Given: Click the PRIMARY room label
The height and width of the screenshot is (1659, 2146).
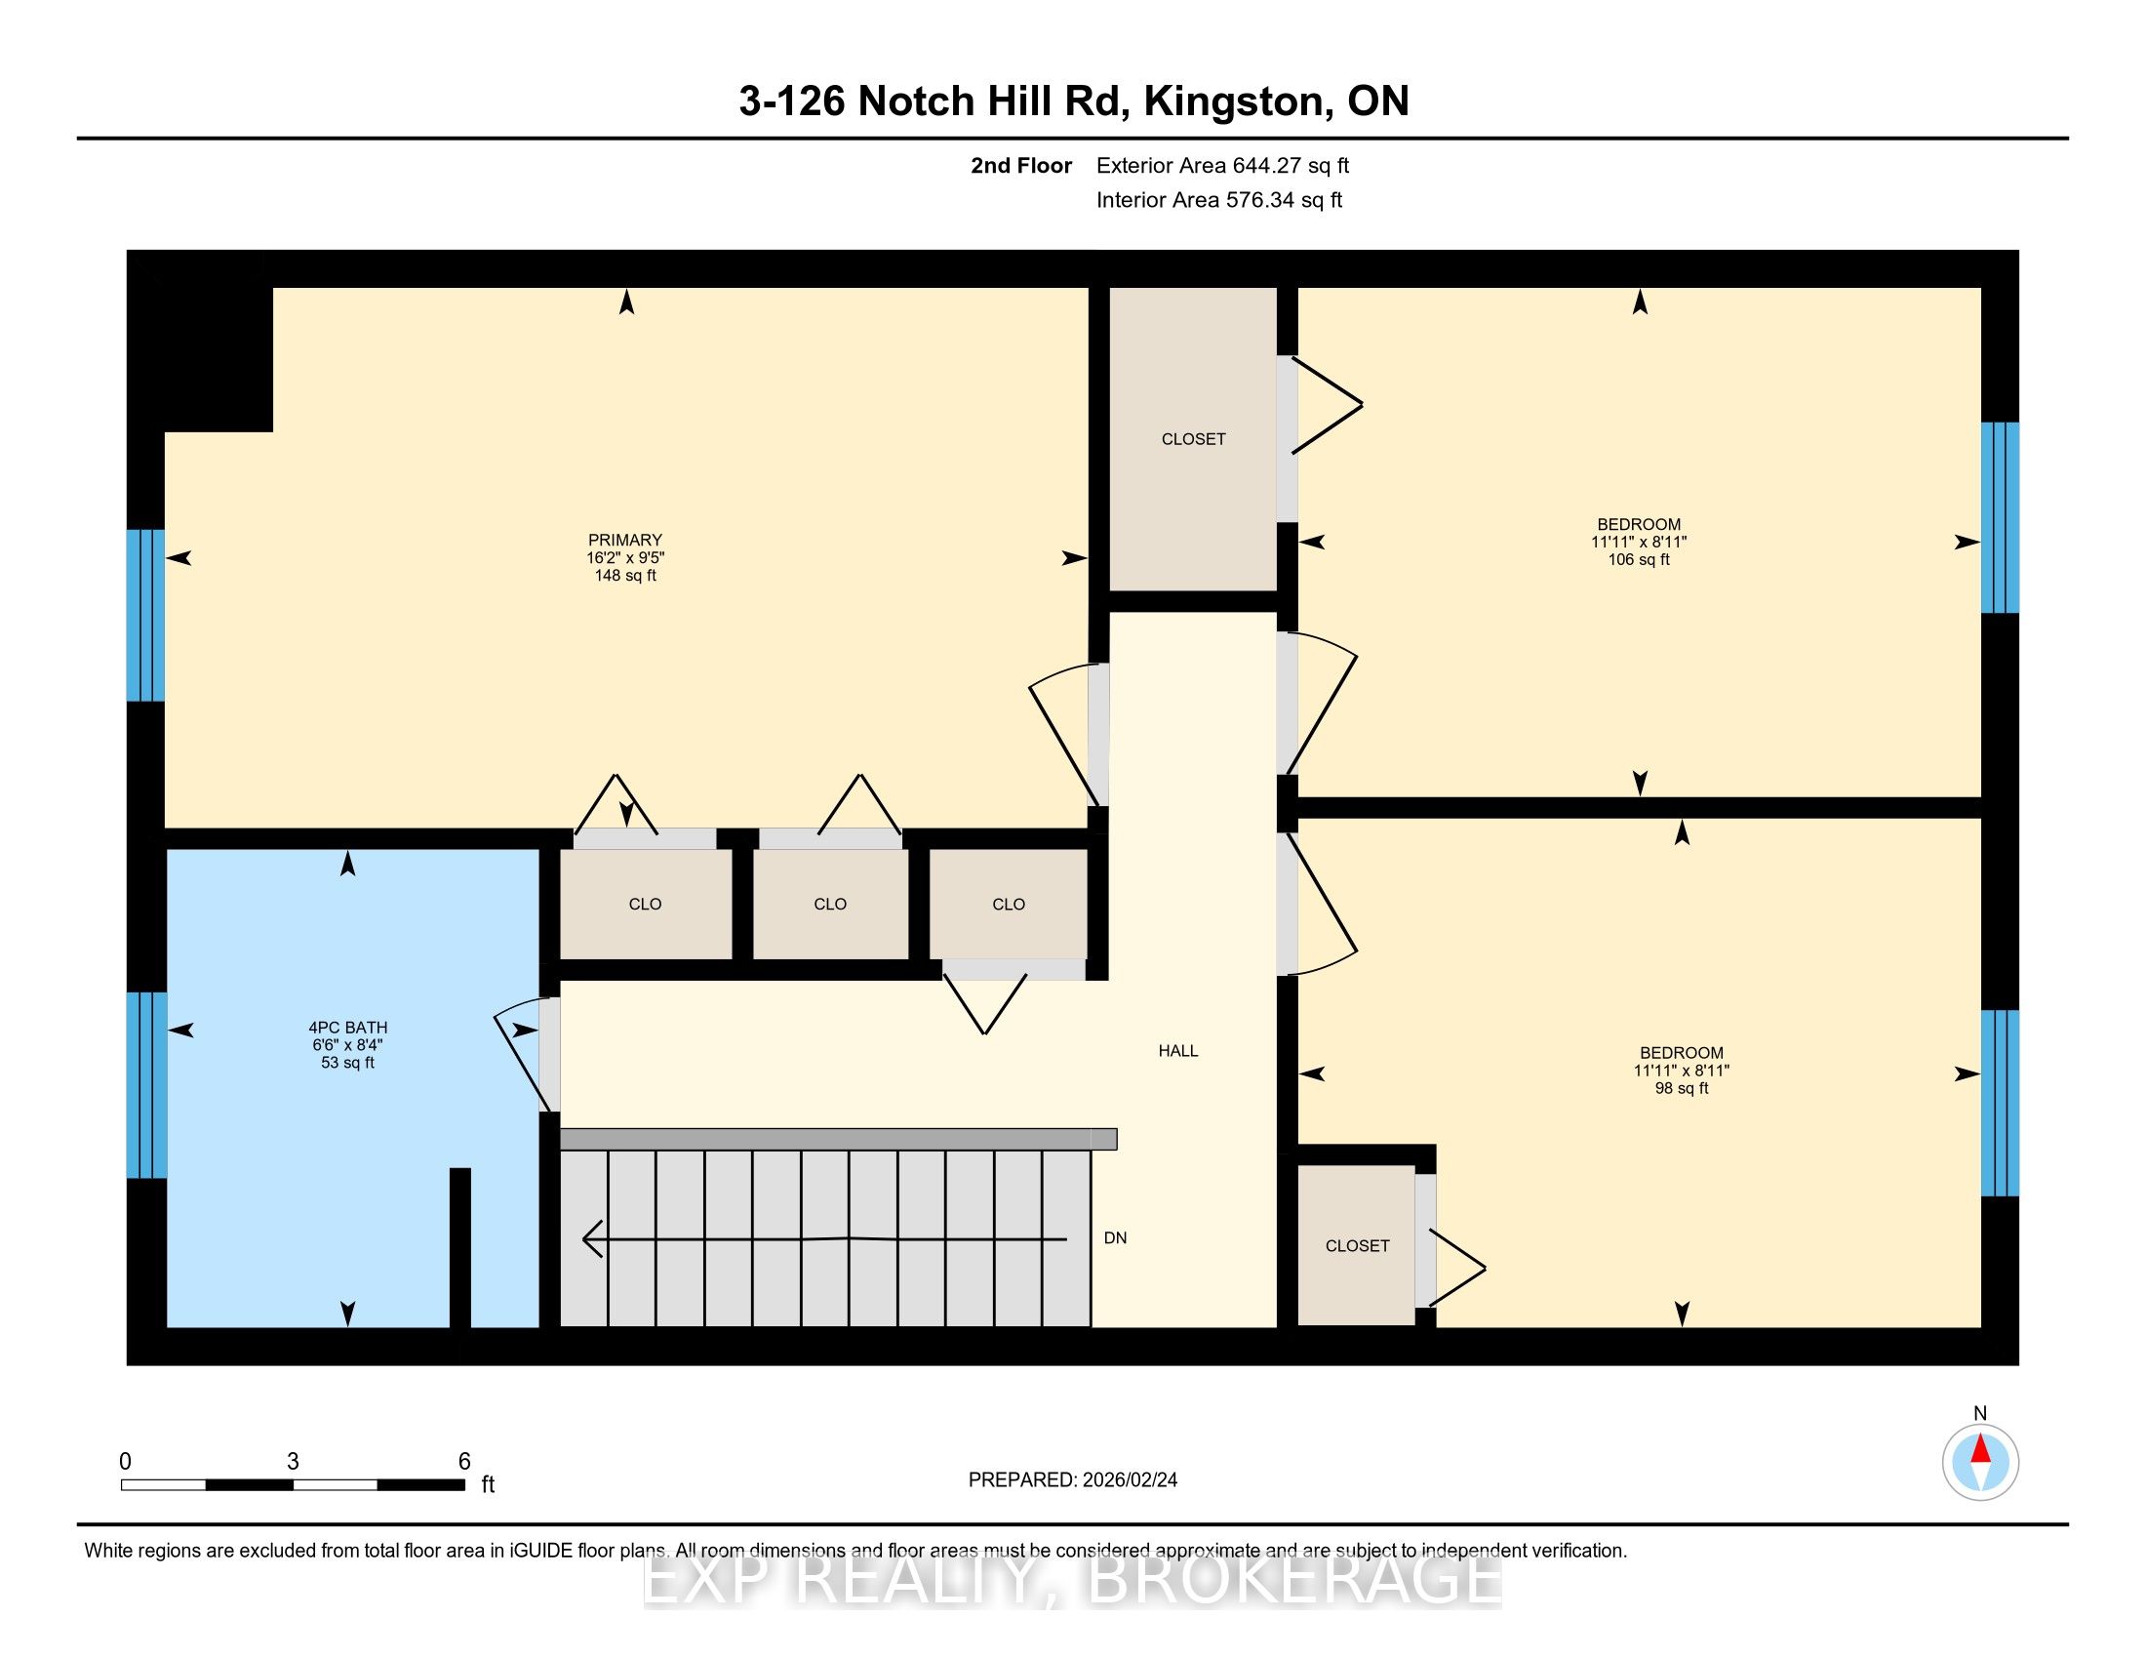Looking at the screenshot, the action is [625, 540].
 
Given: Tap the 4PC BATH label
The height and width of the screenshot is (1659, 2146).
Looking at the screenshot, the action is [348, 1027].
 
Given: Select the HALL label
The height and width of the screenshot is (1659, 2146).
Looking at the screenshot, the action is [1178, 1051].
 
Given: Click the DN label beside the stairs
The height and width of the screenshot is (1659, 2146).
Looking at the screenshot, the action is [1115, 1237].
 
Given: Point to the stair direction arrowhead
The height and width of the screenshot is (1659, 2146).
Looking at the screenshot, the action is [592, 1238].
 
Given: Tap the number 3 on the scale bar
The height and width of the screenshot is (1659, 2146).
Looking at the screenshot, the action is [293, 1462].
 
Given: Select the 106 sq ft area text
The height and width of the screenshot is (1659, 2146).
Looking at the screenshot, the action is [1639, 559].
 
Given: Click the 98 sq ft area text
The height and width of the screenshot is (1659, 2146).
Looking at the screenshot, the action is [1682, 1088].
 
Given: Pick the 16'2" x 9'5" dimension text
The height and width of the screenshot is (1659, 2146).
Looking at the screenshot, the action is [625, 557].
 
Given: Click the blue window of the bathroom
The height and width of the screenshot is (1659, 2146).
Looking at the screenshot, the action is [146, 1084].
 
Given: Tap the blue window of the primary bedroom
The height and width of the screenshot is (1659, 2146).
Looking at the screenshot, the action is [145, 615].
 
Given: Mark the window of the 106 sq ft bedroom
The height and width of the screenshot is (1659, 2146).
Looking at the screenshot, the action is [2000, 517].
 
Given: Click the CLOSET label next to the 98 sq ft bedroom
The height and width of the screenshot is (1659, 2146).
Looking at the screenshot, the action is [1357, 1245].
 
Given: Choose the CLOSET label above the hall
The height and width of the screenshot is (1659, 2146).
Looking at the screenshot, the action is [1193, 439].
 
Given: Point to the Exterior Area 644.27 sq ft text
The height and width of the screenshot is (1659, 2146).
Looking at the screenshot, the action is [1222, 165].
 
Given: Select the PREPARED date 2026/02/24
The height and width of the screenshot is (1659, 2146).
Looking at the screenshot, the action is [1128, 1479].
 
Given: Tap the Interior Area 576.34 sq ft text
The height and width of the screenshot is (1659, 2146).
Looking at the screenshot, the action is [1219, 199].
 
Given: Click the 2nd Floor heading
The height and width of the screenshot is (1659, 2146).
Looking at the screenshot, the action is [1021, 165].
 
